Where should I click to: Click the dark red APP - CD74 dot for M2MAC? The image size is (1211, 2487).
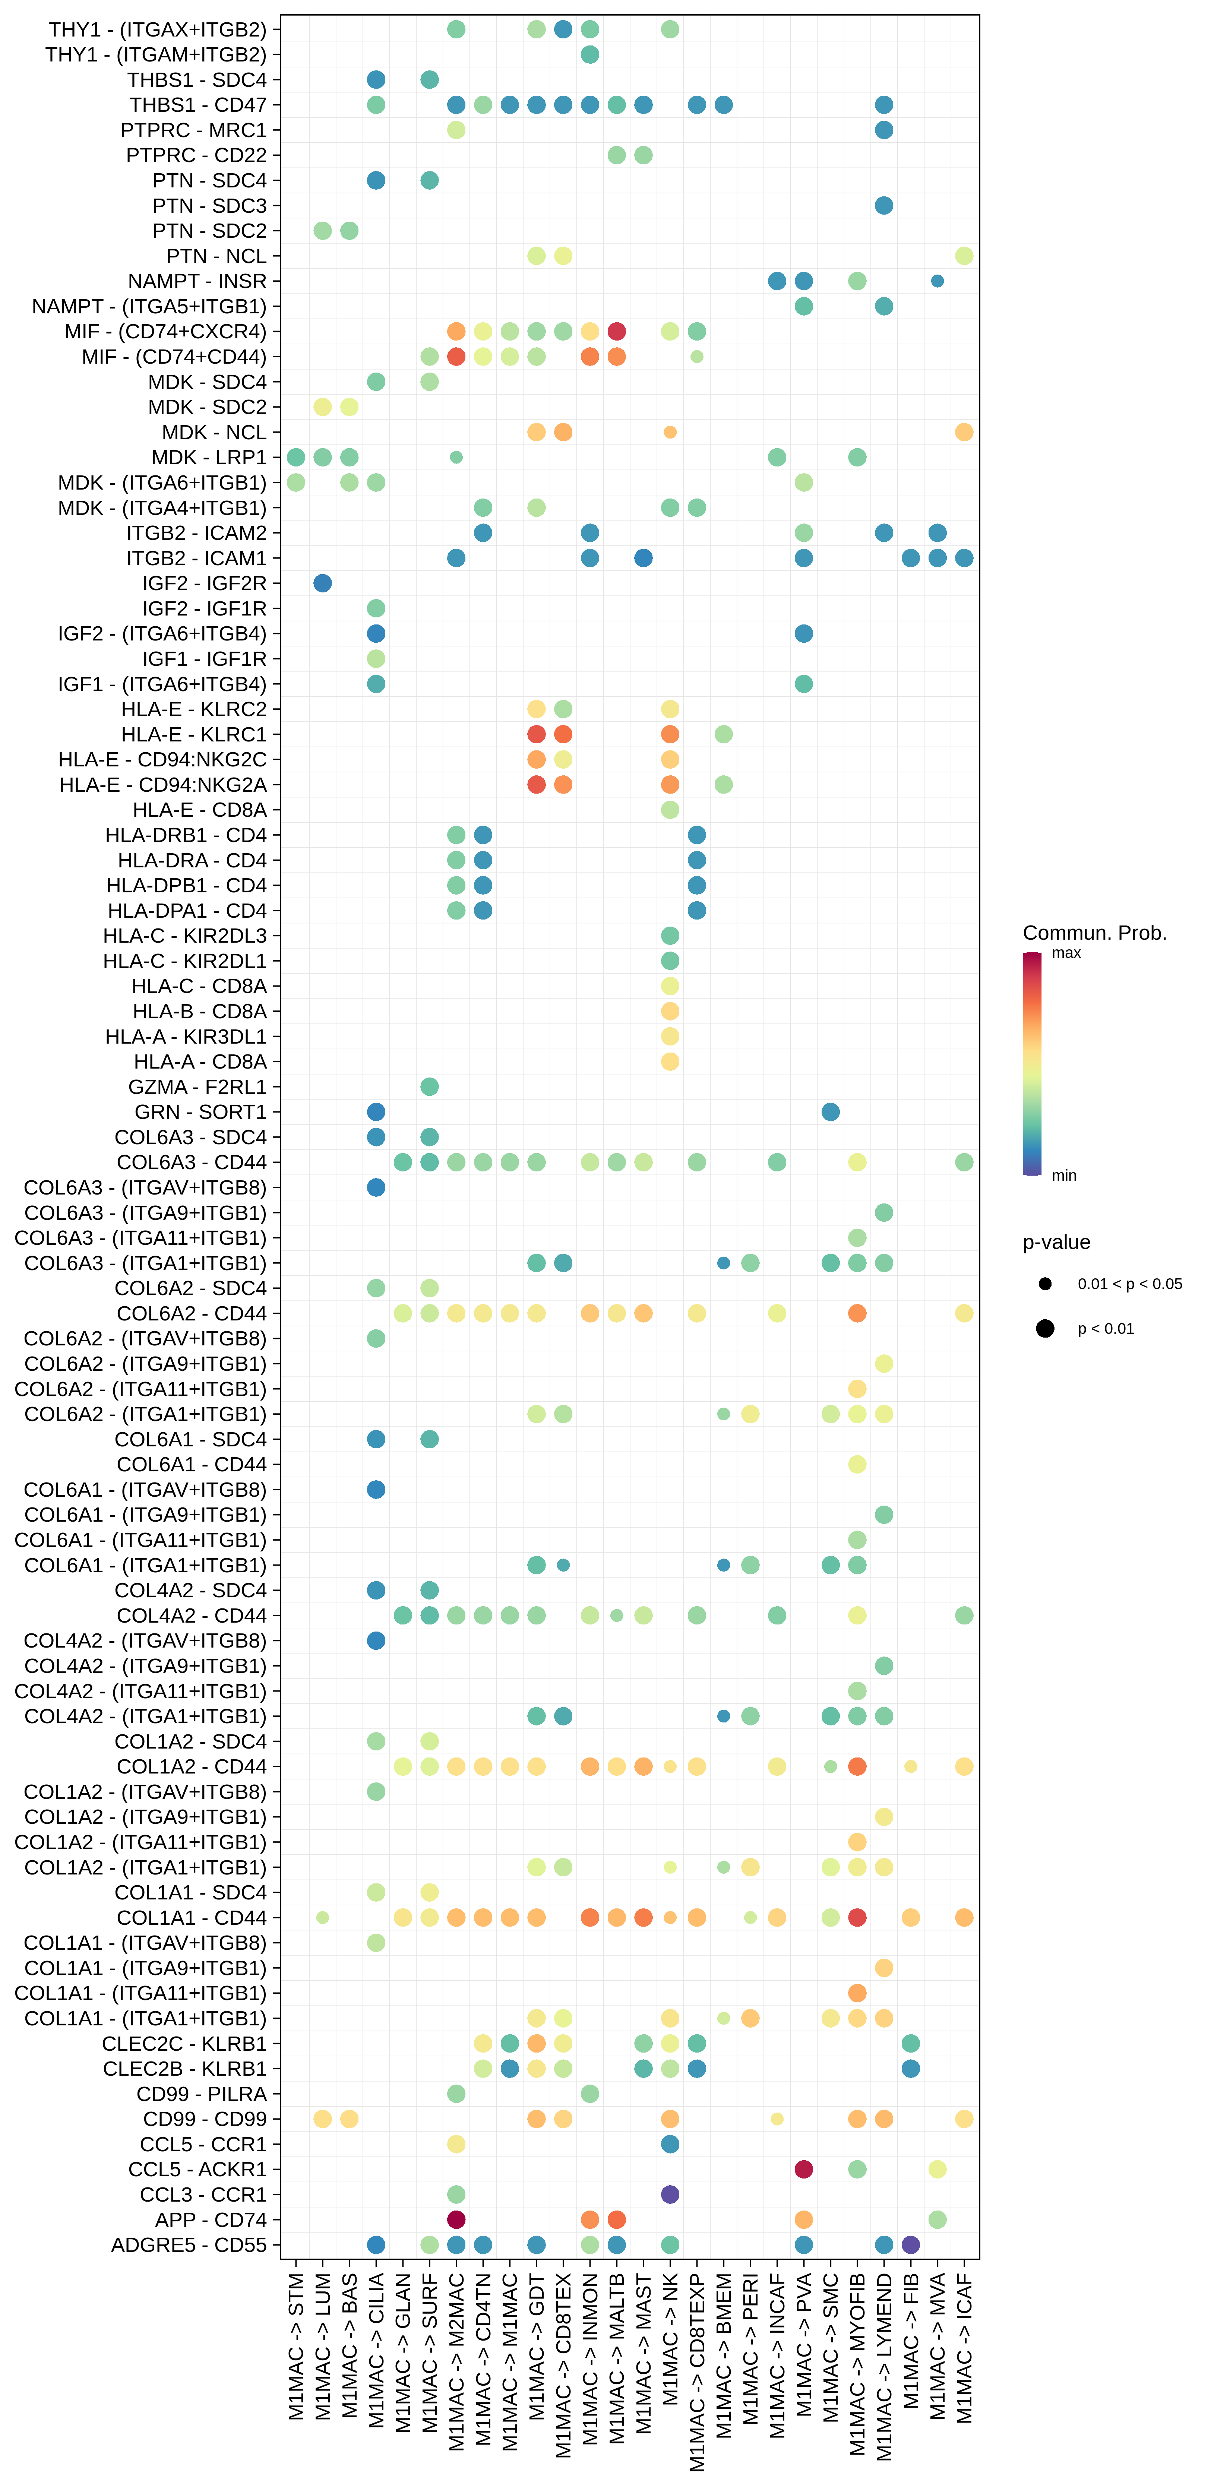[x=457, y=2219]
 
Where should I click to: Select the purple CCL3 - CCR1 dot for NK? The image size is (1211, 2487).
[x=670, y=2195]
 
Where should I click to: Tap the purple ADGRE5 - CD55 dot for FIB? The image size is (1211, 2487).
[x=911, y=2245]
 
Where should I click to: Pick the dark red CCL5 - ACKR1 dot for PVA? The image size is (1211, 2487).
[x=803, y=2169]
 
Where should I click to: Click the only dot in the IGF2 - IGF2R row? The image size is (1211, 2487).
[x=323, y=583]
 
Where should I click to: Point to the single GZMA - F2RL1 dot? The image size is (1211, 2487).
[x=430, y=1087]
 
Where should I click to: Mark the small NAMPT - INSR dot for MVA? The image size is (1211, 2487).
[x=937, y=281]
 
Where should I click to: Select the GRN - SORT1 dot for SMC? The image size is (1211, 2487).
[x=831, y=1112]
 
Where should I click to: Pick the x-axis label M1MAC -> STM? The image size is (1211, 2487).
[x=297, y=2346]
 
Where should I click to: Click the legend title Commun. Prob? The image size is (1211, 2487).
[x=1094, y=933]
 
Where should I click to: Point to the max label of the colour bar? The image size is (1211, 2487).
[x=1066, y=953]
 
